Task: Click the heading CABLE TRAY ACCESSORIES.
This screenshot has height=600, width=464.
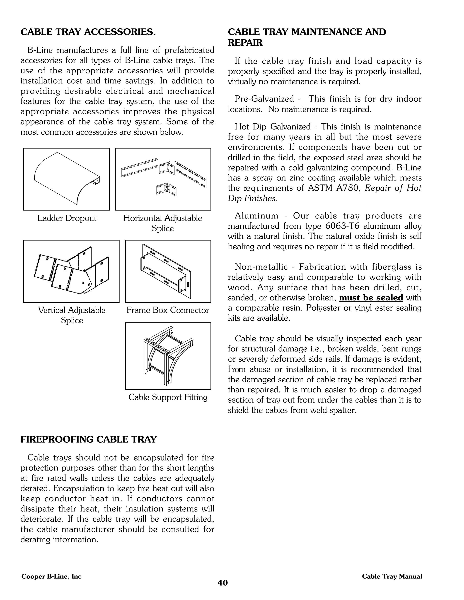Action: coord(88,32)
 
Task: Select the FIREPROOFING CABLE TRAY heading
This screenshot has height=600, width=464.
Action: coord(89,439)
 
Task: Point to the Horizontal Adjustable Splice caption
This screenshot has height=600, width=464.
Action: coord(162,223)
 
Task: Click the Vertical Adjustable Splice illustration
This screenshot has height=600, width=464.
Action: coord(71,271)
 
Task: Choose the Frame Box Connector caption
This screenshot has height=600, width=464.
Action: coord(168,310)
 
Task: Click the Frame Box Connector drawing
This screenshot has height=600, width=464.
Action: coord(168,271)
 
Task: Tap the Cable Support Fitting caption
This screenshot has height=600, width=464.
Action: coord(168,397)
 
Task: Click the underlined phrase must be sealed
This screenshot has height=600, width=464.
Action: coord(371,298)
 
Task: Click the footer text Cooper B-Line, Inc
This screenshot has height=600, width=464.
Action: coord(51,576)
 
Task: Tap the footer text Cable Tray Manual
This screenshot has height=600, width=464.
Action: coord(392,576)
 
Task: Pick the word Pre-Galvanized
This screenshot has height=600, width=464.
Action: coord(264,99)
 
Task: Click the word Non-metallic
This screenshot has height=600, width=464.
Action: coord(261,267)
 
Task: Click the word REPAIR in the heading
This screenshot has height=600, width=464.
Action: coord(245,43)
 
